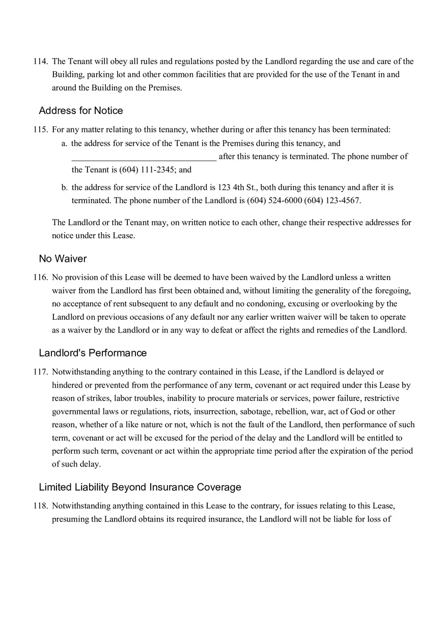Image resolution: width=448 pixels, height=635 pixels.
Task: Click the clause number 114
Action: (40, 62)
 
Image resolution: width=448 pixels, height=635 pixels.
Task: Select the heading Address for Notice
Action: (80, 111)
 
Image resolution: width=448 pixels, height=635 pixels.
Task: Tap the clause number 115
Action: (40, 129)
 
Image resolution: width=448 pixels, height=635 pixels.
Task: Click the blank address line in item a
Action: (144, 157)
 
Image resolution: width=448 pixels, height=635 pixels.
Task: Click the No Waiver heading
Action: (63, 259)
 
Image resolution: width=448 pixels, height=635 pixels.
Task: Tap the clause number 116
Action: (40, 278)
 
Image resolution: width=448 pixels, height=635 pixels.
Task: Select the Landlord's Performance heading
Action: (93, 353)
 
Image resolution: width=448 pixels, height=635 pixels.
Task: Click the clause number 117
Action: (40, 372)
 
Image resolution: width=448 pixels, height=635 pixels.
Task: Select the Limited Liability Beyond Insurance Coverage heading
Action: (140, 487)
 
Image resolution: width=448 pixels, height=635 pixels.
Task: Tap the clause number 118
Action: (40, 506)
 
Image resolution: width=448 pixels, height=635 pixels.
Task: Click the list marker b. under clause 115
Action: (65, 187)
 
